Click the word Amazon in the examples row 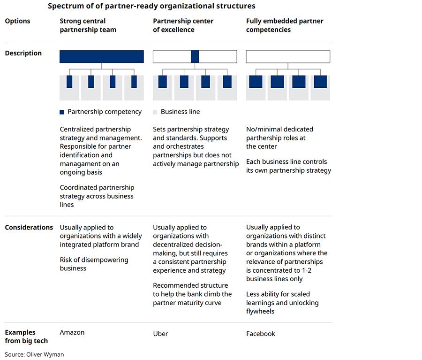(x=72, y=332)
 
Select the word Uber (x=160, y=334)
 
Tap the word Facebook (x=261, y=334)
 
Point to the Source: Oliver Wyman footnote (x=34, y=354)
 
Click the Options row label (x=17, y=21)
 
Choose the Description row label (x=23, y=53)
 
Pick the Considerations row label (x=29, y=227)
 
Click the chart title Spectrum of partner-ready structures (x=151, y=6)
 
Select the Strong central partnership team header (x=88, y=25)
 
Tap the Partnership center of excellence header (x=183, y=25)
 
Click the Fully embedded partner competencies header (x=285, y=25)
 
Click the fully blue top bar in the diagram (x=101, y=56)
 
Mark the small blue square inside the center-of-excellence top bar (x=195, y=56)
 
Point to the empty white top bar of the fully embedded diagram (x=288, y=56)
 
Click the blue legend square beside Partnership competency (x=62, y=112)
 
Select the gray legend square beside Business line (x=155, y=112)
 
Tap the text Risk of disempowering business (x=94, y=264)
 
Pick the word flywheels (x=260, y=311)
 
